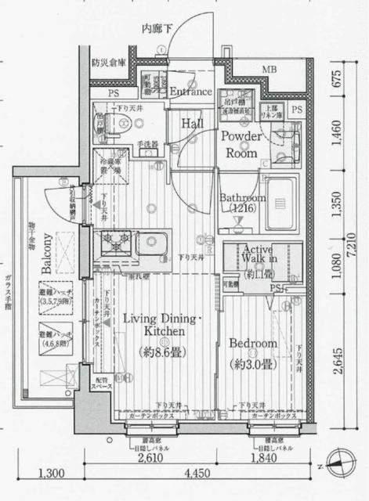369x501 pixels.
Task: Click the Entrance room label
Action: (x=191, y=92)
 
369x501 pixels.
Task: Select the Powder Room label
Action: (x=241, y=144)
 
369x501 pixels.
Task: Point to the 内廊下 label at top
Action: (x=157, y=29)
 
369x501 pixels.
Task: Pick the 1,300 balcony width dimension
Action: (x=50, y=473)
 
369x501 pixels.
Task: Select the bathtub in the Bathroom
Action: (x=279, y=193)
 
